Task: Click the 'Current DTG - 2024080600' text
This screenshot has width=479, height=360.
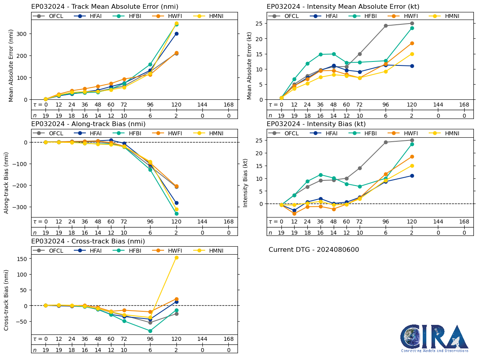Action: click(314, 250)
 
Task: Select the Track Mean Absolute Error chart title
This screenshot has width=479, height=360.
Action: click(105, 6)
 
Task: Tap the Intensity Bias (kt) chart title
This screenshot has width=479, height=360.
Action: click(316, 124)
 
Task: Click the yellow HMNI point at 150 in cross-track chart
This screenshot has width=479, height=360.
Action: click(176, 257)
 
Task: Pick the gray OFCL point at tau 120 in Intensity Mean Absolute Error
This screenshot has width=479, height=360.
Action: click(412, 23)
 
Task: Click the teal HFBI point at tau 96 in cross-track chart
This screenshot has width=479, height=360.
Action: click(150, 331)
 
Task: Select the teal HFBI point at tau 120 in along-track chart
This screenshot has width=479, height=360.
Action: click(176, 214)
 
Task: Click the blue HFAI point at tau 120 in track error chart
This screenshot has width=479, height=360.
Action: click(176, 34)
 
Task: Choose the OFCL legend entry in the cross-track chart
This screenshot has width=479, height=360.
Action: click(51, 251)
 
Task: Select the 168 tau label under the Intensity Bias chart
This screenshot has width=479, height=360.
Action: click(464, 222)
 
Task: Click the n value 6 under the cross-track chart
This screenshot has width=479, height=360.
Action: click(150, 350)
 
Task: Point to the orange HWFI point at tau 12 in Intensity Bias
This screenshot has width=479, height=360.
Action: click(294, 214)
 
